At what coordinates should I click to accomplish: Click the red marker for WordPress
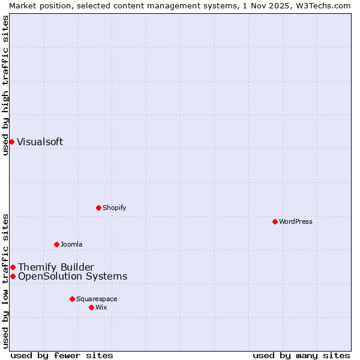pos(275,221)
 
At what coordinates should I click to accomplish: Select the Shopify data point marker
pos(98,208)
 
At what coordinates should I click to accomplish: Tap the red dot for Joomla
pos(56,244)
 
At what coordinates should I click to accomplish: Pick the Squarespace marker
pos(72,299)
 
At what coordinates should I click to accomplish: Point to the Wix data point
pos(91,307)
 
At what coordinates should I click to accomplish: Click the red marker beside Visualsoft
pos(11,142)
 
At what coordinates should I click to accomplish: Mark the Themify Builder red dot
pos(13,267)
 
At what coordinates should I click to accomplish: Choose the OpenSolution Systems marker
pos(13,276)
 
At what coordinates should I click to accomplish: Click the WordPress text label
pos(296,221)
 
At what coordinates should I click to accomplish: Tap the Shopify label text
pos(114,208)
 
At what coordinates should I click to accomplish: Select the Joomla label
pos(71,244)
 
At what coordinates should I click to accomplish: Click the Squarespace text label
pos(97,299)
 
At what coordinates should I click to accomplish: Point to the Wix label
pos(101,307)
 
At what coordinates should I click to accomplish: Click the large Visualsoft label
pos(40,142)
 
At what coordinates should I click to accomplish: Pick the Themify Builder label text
pos(56,267)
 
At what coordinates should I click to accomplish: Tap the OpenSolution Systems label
pos(73,276)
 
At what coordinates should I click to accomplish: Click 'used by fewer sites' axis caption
pos(62,355)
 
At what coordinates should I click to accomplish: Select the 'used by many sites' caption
pos(301,355)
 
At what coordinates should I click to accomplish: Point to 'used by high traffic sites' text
pos(5,85)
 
